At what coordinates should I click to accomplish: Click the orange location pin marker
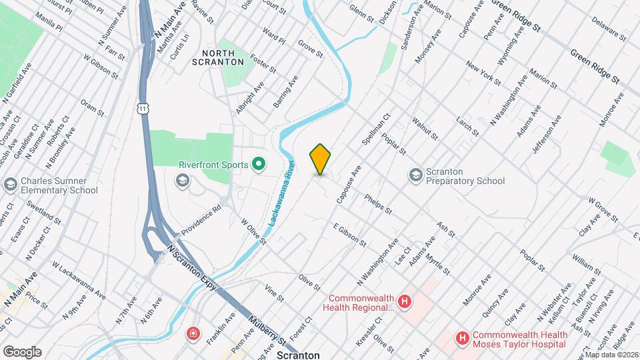tap(321, 159)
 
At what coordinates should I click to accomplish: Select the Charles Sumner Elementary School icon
tap(11, 184)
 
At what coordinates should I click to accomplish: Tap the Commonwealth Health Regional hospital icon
tap(405, 303)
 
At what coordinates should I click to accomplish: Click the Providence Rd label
tap(201, 218)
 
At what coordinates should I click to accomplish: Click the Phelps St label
tap(378, 204)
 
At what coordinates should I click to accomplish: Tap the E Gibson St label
tap(350, 235)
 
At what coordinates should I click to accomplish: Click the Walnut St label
tap(425, 128)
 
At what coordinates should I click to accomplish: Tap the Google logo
tap(22, 351)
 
